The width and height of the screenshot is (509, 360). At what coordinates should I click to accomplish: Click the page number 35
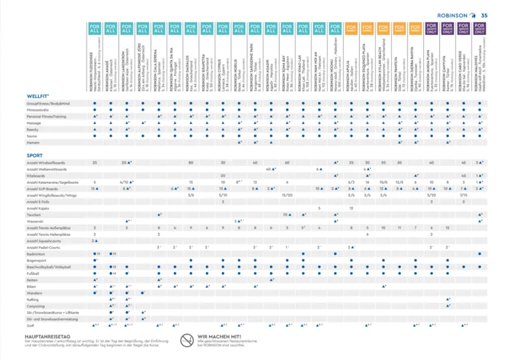click(484, 16)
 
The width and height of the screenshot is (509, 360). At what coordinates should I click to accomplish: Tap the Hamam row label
click(34, 142)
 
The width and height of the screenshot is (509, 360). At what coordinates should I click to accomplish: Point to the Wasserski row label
click(36, 221)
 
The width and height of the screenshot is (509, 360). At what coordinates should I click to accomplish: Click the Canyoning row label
click(36, 305)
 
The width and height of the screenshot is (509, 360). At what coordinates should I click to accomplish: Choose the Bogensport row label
click(37, 260)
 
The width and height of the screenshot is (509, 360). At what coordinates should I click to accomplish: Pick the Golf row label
click(31, 324)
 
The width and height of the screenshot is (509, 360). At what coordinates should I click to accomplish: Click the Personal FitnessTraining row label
click(46, 116)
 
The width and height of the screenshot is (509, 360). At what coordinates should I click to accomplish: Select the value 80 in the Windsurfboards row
click(191, 162)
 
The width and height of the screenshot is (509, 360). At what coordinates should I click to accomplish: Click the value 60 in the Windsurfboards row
click(288, 162)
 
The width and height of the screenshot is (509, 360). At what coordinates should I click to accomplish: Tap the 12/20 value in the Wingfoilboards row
click(288, 195)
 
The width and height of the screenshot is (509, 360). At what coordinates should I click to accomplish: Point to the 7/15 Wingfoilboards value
click(464, 195)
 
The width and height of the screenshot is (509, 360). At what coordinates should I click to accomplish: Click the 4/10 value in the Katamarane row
click(127, 182)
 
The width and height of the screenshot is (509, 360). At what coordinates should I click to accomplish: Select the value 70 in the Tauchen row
click(286, 214)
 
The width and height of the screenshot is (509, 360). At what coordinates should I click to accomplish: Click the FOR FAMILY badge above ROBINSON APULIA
click(351, 29)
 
